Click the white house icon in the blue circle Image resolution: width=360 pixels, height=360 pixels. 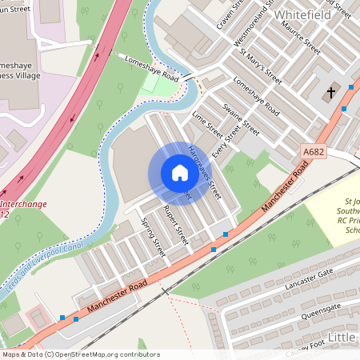(179, 173)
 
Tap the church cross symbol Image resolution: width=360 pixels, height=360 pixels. (330, 94)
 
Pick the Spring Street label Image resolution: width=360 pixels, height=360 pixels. (152, 237)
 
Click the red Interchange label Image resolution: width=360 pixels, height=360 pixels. (22, 205)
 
